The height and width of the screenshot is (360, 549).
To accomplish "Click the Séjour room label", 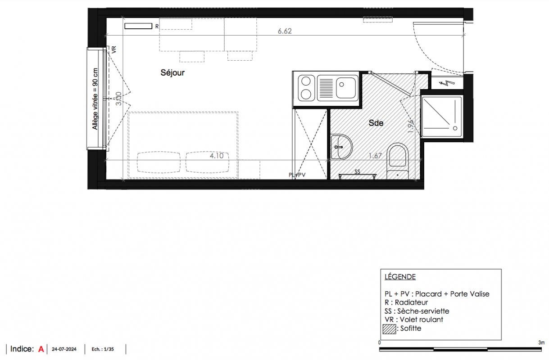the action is point(172,73).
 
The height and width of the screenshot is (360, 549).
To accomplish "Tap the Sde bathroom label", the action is point(376,123).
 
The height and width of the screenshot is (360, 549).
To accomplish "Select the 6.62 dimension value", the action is point(285,31).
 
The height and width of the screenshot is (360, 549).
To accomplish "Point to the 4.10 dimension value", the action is point(217,156).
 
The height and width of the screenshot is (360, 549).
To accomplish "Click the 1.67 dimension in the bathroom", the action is point(375,156).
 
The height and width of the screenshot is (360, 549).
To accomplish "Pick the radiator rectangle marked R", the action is point(138,26).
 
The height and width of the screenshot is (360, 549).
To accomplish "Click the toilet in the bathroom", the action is point(398,161).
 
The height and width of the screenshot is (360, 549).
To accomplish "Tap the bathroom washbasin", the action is point(341,147).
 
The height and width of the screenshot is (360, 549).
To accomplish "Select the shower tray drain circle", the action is point(455,128).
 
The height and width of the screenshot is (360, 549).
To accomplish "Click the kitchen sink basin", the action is point(345,88).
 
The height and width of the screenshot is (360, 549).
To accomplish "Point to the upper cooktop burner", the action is point(306,81).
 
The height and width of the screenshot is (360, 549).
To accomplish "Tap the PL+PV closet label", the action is point(297,175).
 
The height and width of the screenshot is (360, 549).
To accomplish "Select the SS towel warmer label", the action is point(357,171).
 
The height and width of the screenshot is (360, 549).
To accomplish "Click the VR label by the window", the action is point(114,49).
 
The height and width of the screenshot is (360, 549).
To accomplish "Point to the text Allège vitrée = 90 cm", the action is point(95,99).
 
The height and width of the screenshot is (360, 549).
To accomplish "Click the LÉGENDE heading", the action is point(400,277).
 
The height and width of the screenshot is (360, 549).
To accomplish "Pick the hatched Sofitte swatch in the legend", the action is point(389,329).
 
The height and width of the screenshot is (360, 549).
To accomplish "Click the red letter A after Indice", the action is point(41,349).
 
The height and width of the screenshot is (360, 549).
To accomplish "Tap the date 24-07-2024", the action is point(64,349).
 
